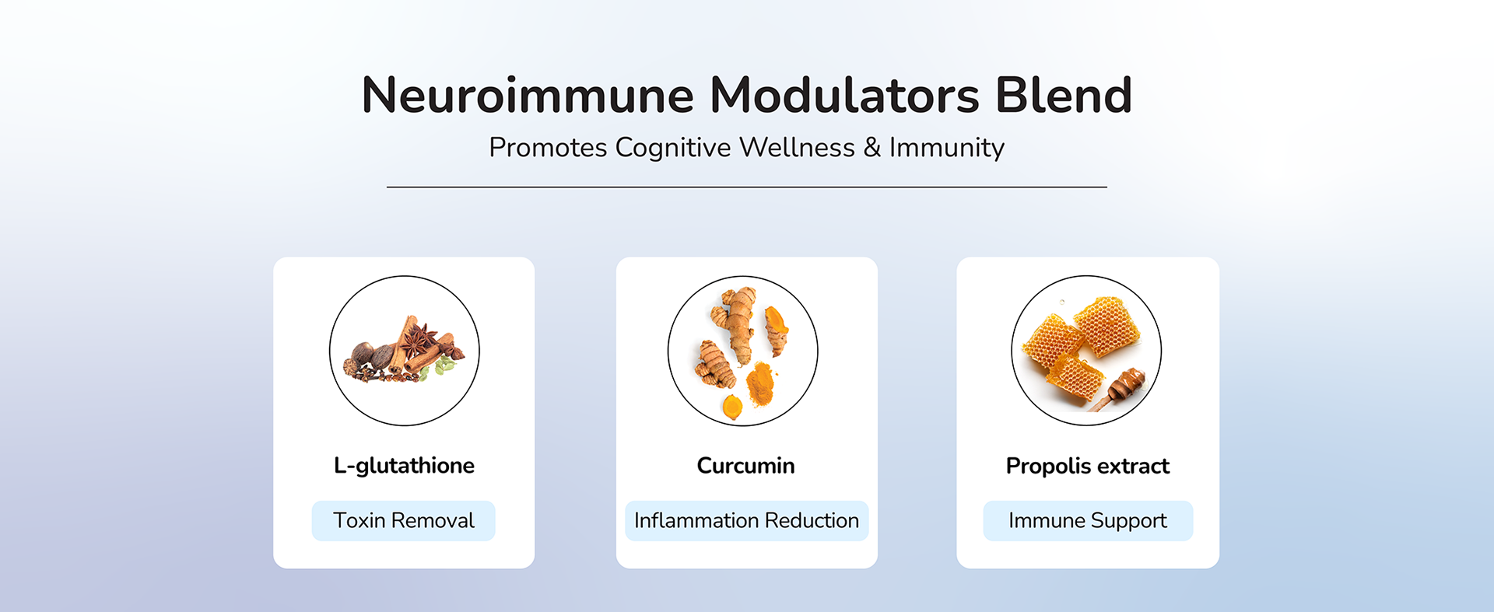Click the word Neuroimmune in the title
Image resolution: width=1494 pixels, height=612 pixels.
(528, 95)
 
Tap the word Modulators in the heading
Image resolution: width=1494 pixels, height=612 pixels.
(844, 95)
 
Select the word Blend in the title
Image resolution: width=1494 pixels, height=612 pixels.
(1064, 95)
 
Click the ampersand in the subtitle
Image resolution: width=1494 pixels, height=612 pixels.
(871, 148)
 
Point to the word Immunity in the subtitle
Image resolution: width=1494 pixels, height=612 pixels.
(947, 148)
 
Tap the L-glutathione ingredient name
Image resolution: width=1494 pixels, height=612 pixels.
(404, 466)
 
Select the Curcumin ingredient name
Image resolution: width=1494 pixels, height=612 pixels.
(745, 466)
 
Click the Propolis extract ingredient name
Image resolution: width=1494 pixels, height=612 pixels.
(1088, 466)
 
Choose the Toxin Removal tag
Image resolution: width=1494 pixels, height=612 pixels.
(404, 521)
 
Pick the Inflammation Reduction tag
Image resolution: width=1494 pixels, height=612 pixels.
(746, 521)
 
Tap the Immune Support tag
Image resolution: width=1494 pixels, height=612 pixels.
(1088, 521)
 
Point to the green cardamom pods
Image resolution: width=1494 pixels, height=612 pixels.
(444, 365)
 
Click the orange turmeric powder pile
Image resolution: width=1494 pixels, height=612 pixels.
(759, 384)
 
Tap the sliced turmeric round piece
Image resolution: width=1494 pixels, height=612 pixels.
(731, 407)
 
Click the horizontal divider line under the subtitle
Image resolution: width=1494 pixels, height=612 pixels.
(747, 187)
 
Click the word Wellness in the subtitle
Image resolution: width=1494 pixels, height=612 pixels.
(797, 148)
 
